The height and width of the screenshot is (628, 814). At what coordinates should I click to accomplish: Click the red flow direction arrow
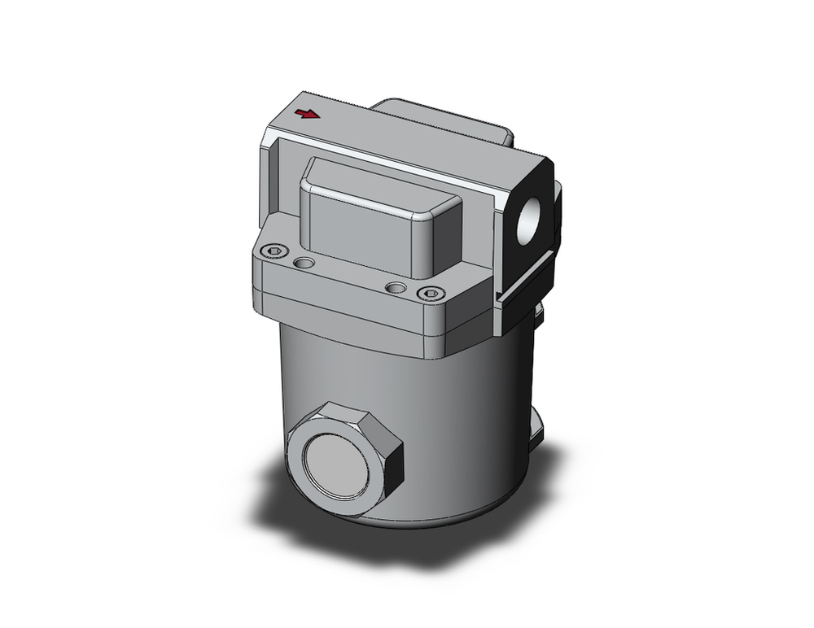(x=308, y=114)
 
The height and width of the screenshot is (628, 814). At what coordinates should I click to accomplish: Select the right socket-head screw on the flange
(x=431, y=294)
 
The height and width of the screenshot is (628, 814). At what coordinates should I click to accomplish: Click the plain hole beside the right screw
(x=396, y=287)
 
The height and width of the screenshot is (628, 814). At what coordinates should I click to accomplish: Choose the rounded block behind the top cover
(x=440, y=118)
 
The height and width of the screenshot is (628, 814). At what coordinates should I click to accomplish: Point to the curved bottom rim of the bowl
(x=423, y=521)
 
